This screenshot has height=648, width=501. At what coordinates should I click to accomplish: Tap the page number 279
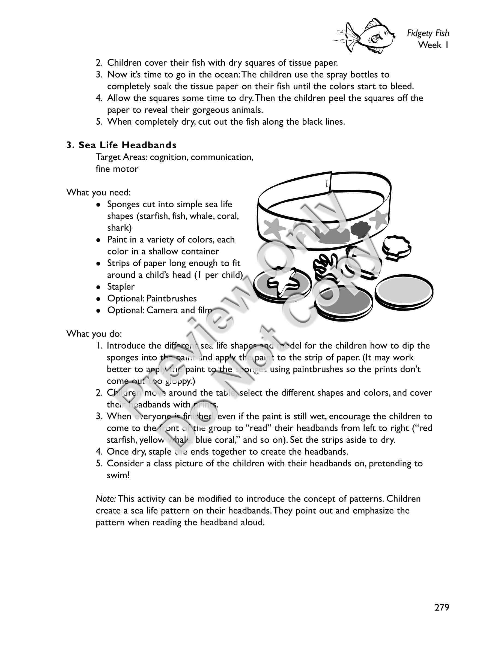pos(442,607)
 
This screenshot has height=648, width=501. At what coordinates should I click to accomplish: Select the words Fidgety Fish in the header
pos(428,33)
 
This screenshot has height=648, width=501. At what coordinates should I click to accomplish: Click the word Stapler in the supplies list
pos(121,287)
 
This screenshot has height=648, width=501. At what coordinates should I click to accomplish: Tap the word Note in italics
pos(106,499)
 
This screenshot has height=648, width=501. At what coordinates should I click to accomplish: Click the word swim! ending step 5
pos(118,475)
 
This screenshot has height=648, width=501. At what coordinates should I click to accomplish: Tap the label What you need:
pos(99,193)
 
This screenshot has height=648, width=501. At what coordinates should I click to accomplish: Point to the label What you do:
pos(94,334)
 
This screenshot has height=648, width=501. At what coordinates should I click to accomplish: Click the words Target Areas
pos(121,157)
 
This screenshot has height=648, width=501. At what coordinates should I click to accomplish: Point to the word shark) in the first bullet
pos(119,228)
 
